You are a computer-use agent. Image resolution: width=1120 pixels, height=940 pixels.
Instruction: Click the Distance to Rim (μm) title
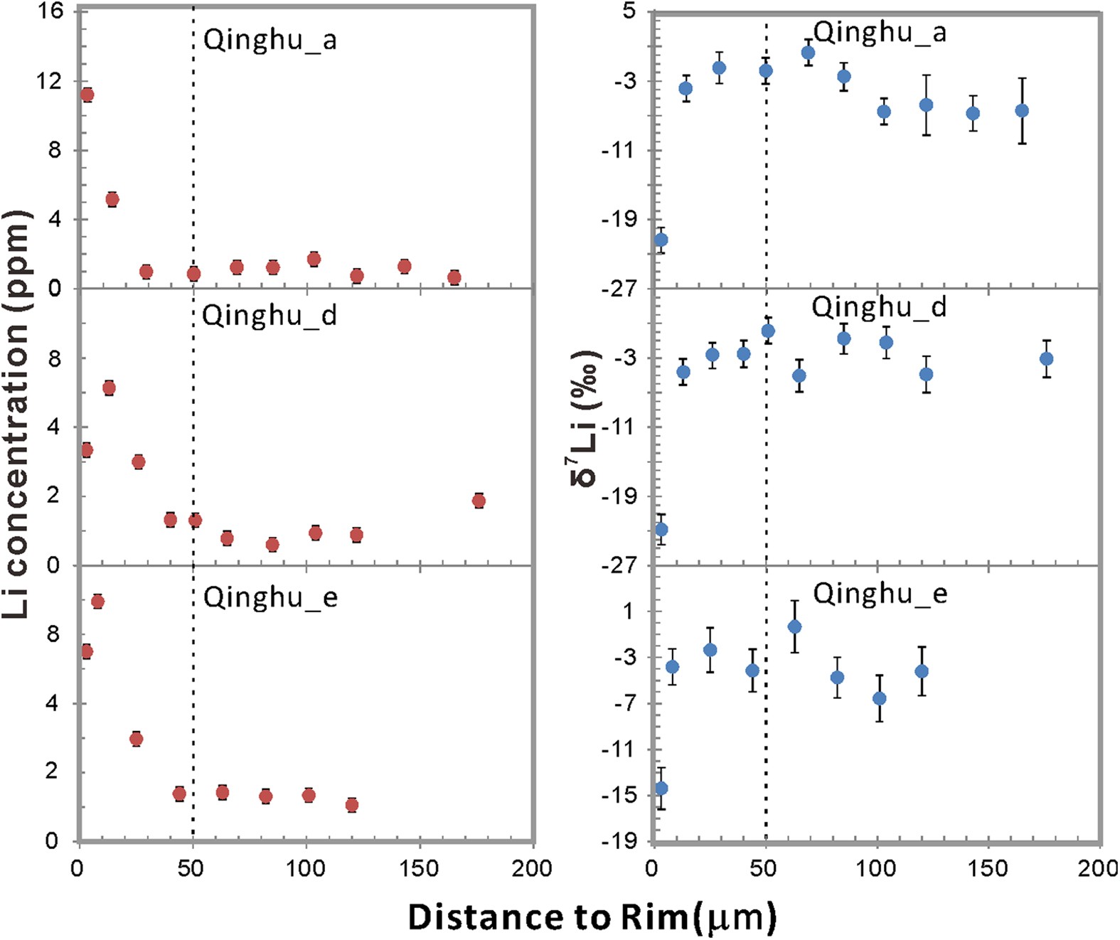point(592,917)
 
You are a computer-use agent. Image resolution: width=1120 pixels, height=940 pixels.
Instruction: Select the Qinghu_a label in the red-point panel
point(270,40)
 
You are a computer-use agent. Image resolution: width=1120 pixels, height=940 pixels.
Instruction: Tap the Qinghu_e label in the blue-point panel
point(880,593)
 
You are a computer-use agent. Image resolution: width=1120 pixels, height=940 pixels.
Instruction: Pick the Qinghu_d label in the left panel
point(269,315)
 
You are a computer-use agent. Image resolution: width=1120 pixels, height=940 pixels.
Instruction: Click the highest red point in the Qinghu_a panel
point(87,95)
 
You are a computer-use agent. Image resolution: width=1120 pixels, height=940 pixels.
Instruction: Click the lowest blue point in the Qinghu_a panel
point(661,240)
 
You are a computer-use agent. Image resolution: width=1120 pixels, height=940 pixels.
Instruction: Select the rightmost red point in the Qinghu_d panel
point(479,501)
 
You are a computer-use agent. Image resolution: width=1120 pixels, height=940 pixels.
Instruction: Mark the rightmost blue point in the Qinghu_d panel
point(1046,359)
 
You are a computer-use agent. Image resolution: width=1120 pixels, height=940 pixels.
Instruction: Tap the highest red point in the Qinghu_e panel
point(97,602)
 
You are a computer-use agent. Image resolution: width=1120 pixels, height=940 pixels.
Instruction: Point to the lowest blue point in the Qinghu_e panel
point(661,788)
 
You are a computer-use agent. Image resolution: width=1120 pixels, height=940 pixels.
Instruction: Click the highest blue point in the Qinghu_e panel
point(794,626)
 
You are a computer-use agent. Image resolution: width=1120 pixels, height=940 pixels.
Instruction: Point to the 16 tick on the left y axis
point(51,11)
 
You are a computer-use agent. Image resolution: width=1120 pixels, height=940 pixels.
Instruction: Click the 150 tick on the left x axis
point(419,868)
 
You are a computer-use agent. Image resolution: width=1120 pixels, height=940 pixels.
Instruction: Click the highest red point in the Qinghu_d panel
point(109,388)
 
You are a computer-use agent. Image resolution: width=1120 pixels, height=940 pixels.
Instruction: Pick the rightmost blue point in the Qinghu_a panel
point(1022,110)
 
